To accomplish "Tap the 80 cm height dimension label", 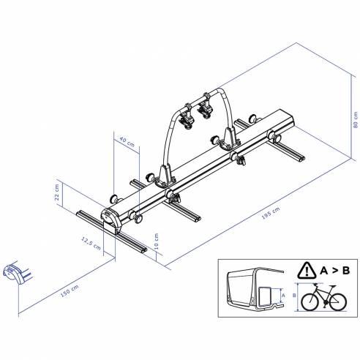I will pyautogui.click(x=355, y=121).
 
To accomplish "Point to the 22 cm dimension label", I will pyautogui.click(x=56, y=192).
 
